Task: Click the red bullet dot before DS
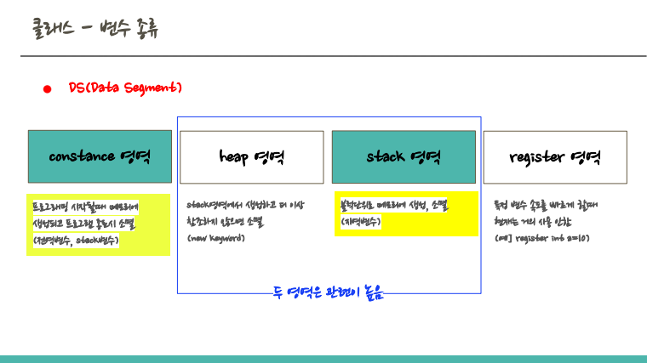click(48, 88)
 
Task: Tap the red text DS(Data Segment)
click(125, 88)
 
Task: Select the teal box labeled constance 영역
click(99, 156)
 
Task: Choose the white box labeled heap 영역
click(252, 156)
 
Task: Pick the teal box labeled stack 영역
click(404, 156)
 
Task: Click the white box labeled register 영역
click(555, 156)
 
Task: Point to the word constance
click(82, 156)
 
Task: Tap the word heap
click(234, 156)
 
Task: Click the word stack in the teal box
click(386, 156)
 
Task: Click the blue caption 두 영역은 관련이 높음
click(329, 293)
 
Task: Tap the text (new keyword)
click(216, 238)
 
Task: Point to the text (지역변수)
click(360, 221)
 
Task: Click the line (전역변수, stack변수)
click(76, 241)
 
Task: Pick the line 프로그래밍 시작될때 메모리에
click(84, 207)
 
